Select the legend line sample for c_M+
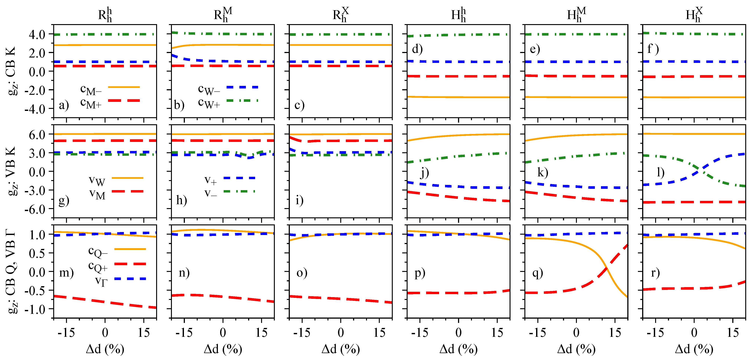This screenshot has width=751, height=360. (x=124, y=101)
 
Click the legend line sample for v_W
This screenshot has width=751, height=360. (x=127, y=178)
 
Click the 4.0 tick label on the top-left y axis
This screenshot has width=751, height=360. (x=37, y=34)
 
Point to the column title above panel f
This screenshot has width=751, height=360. (x=694, y=15)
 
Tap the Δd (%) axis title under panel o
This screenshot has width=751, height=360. (x=340, y=349)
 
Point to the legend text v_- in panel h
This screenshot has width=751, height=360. (x=210, y=193)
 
